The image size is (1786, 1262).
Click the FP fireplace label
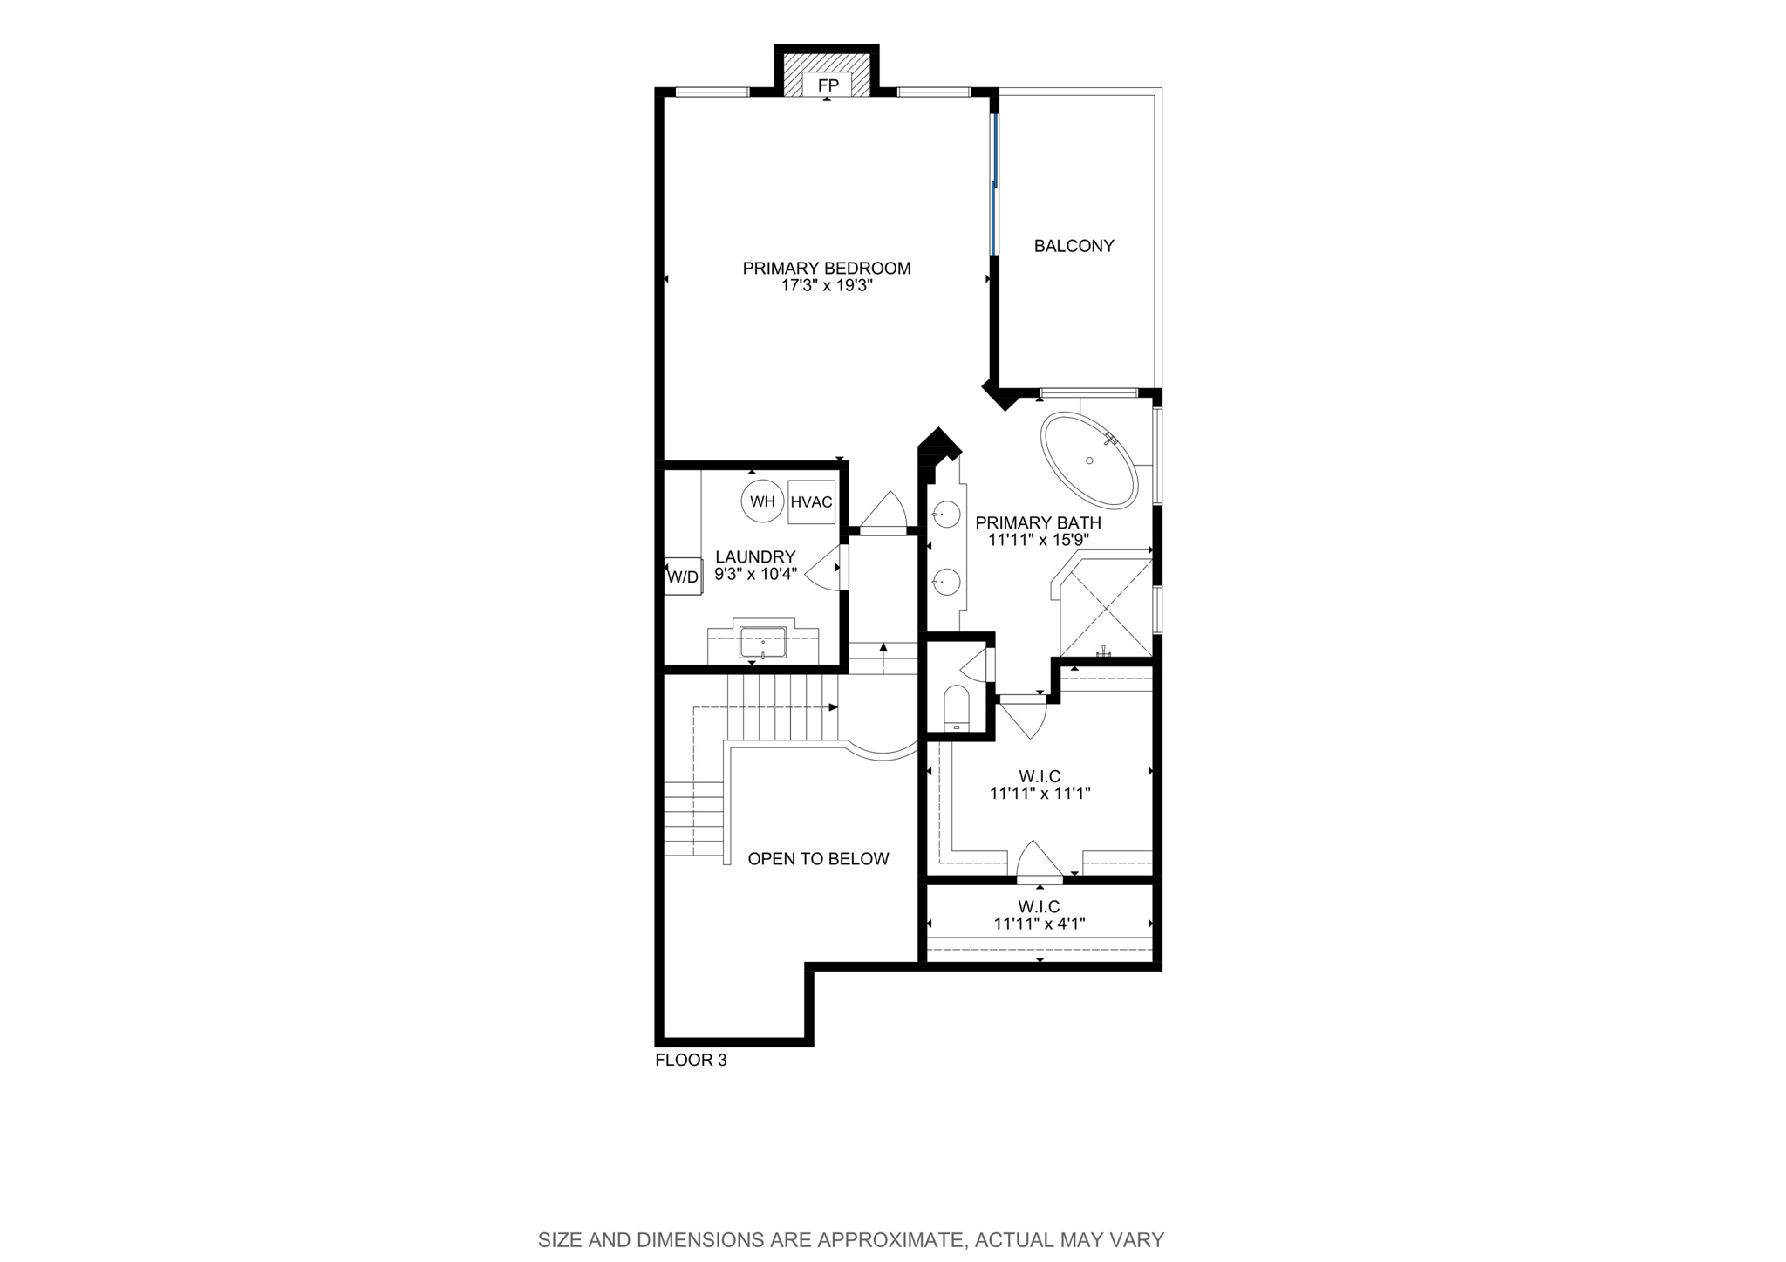[x=828, y=85]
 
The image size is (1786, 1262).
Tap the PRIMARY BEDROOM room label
[x=827, y=269]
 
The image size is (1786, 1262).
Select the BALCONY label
[x=1074, y=246]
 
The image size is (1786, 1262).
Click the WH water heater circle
[x=762, y=501]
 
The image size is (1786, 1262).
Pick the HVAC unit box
[x=811, y=501]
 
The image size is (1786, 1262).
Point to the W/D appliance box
[x=683, y=576]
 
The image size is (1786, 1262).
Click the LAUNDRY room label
[x=755, y=557]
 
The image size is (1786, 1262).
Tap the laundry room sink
[x=763, y=643]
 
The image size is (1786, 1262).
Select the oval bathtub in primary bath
[x=1089, y=461]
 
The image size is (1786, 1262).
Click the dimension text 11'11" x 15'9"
[x=1038, y=540]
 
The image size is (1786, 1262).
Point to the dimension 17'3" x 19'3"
[x=827, y=285]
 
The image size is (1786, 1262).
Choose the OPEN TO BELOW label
[x=818, y=859]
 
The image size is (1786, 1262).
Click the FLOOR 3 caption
[x=691, y=1061]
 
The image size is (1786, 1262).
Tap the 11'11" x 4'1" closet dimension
[x=1039, y=924]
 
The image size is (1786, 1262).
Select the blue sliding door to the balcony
[x=993, y=184]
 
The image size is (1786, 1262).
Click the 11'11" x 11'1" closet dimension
[x=1040, y=794]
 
